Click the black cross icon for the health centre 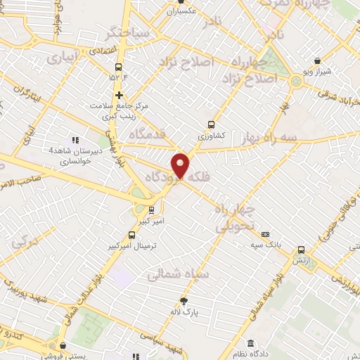tap(119, 94)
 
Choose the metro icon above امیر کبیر tap(151, 209)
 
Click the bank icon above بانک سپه tap(265, 234)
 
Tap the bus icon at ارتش tap(301, 250)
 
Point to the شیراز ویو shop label tap(317, 72)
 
